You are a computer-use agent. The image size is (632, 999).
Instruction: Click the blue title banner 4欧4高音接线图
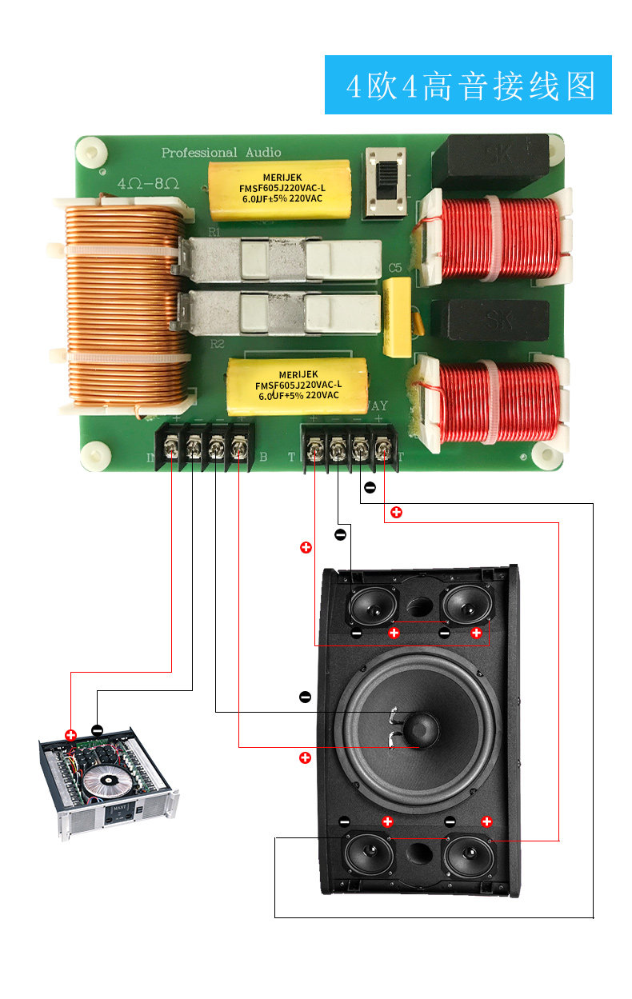pos(468,85)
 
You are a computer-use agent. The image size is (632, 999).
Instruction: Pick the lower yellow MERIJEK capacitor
pos(297,384)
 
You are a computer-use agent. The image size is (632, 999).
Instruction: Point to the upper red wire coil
pos(498,238)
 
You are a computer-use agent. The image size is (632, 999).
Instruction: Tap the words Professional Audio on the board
pos(221,152)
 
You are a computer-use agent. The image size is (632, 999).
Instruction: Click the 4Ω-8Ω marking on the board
pos(149,182)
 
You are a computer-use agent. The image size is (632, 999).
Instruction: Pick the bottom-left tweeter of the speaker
pos(369,855)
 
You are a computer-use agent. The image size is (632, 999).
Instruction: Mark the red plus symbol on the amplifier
pos(70,733)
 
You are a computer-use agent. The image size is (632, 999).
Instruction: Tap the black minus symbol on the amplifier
pos(97,729)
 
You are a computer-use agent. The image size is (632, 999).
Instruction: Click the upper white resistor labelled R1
pos(280,260)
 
